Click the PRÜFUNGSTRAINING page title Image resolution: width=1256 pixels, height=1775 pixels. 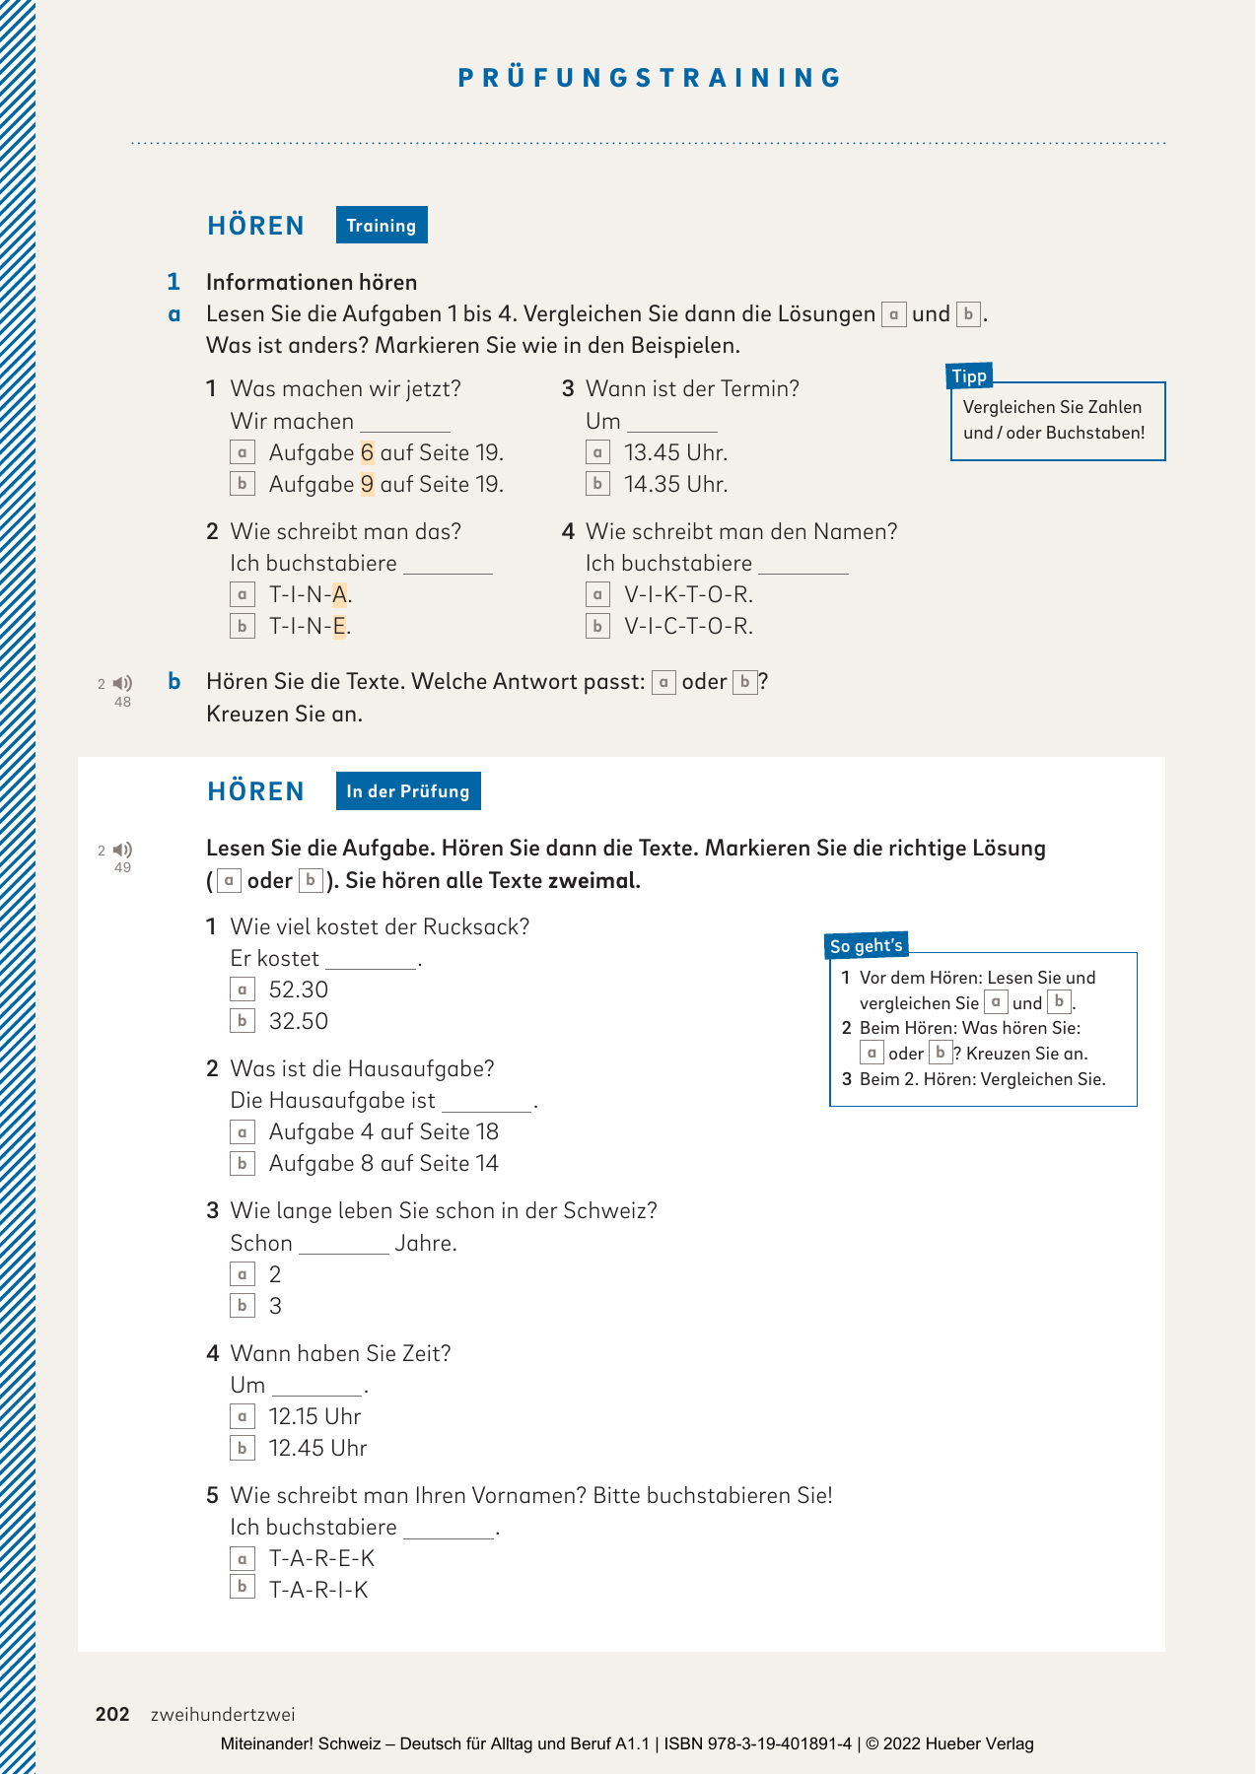click(650, 78)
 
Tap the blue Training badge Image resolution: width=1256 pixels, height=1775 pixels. click(382, 226)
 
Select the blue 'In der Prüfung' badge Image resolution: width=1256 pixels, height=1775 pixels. click(408, 791)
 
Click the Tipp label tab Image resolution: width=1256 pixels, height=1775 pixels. click(969, 375)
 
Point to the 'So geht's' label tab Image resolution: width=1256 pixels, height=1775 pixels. click(866, 945)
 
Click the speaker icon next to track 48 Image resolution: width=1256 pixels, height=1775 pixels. click(123, 683)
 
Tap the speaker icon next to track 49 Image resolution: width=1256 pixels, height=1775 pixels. click(123, 850)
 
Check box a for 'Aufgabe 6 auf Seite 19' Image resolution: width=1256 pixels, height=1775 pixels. click(242, 452)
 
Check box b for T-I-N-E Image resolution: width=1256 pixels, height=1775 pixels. click(242, 626)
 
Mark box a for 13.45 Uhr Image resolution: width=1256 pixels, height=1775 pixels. click(597, 452)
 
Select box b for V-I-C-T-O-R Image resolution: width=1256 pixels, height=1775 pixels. click(597, 626)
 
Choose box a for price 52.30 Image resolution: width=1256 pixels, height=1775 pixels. click(242, 990)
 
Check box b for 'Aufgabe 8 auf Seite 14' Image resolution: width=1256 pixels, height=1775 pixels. click(242, 1163)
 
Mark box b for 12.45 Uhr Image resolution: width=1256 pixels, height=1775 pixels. click(242, 1448)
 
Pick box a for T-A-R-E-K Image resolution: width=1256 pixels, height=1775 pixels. click(242, 1558)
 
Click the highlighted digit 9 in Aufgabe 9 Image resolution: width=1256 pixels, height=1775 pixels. click(367, 485)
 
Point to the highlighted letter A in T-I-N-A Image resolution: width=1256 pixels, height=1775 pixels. click(339, 595)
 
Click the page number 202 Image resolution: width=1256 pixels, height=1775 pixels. click(112, 1714)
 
